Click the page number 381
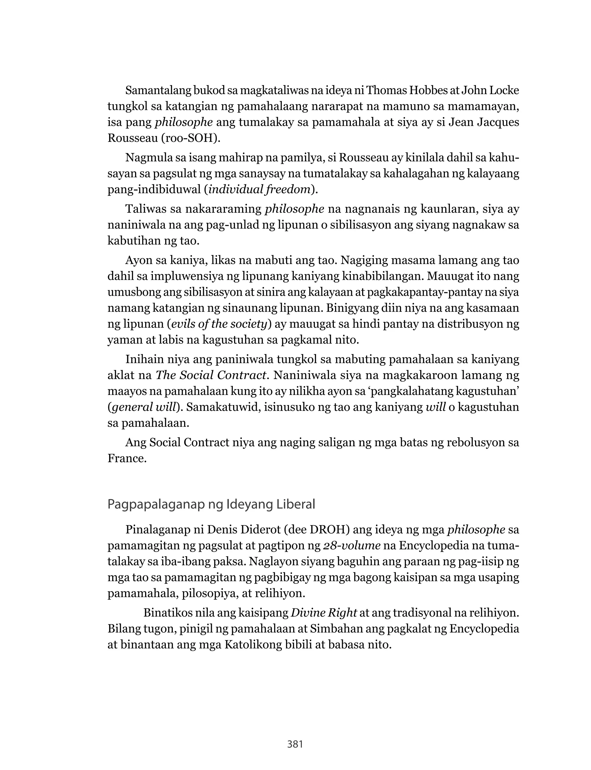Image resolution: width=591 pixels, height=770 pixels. pos(295,744)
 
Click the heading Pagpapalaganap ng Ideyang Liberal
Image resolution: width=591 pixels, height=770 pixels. pos(211,505)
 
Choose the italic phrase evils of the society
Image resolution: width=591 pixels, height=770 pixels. pos(219,324)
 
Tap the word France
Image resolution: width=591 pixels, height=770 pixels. pos(127,458)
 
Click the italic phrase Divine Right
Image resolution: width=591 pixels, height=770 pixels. pos(324,613)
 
